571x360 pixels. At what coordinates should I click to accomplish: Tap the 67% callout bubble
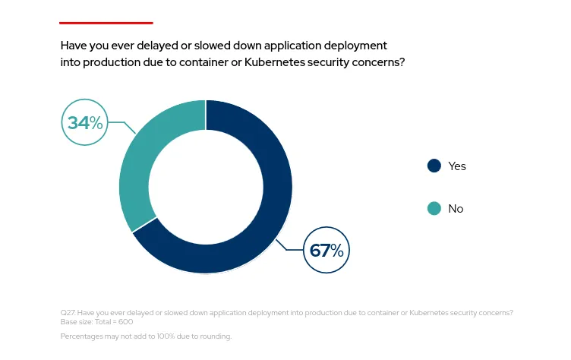(x=327, y=250)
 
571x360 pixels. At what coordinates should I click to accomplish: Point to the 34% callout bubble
(x=84, y=122)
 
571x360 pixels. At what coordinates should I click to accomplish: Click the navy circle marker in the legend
(x=434, y=166)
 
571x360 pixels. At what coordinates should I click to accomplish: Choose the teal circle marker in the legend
(x=434, y=208)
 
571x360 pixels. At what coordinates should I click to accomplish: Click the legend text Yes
(x=457, y=166)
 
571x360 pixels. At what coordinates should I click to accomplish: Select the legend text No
(x=456, y=209)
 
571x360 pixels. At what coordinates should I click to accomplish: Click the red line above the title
(x=106, y=23)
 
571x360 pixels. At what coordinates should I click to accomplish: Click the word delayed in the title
(x=159, y=46)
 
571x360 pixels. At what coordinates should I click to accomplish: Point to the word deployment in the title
(x=357, y=46)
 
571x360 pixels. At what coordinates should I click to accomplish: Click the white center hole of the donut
(x=206, y=187)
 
